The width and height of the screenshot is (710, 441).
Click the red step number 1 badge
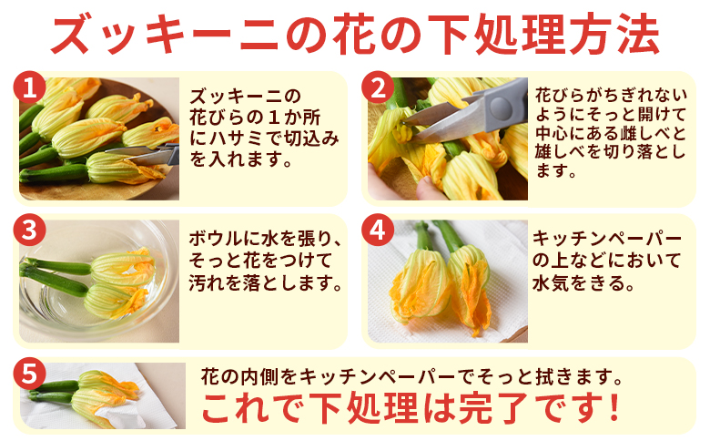[x=28, y=87]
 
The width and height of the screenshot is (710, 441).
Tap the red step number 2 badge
[x=377, y=87]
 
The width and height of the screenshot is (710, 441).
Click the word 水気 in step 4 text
[x=553, y=282]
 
